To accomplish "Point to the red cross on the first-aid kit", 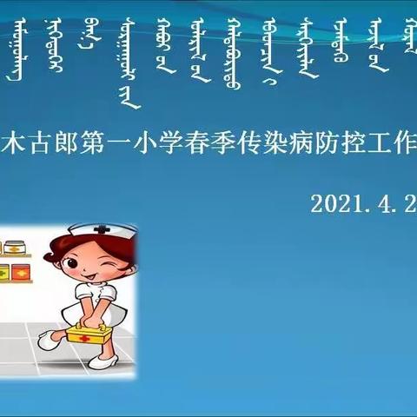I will coord(83,338).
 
